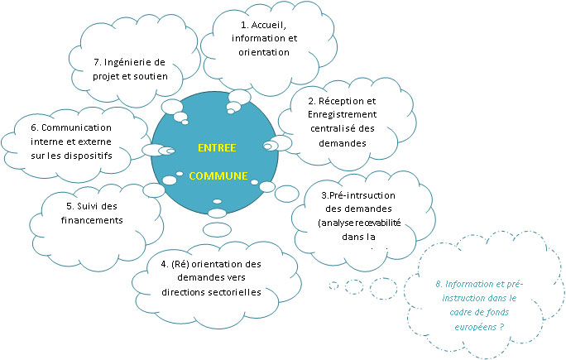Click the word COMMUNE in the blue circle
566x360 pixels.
[218, 176]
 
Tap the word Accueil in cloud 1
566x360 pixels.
[264, 25]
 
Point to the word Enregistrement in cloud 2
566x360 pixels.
[329, 113]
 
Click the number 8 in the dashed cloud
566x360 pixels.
[437, 285]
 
